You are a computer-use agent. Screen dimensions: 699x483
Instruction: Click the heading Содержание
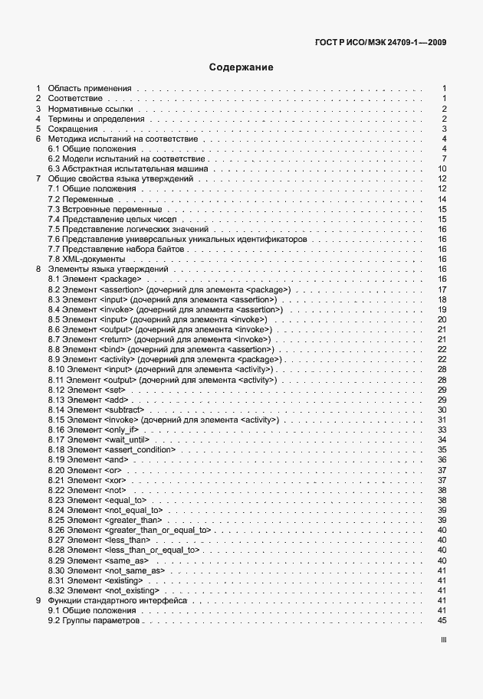(x=242, y=67)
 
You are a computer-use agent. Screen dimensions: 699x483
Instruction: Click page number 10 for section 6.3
(x=442, y=169)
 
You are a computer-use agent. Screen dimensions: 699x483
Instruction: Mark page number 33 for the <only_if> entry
(x=442, y=430)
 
